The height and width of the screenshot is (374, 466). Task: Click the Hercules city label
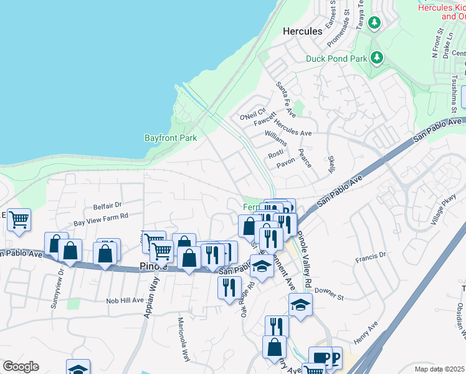click(x=302, y=31)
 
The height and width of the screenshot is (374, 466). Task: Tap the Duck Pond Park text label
click(x=336, y=59)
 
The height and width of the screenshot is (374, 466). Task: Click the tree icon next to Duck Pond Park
click(x=376, y=58)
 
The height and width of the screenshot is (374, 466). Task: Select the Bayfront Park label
click(x=171, y=137)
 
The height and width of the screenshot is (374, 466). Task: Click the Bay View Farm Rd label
click(x=100, y=219)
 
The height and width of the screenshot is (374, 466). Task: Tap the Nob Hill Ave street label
click(x=125, y=300)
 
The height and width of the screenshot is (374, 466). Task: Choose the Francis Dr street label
click(x=371, y=255)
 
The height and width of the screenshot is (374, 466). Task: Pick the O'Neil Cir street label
click(x=253, y=116)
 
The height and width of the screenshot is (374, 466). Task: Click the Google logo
click(x=21, y=367)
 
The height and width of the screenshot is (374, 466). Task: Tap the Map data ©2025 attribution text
click(x=440, y=368)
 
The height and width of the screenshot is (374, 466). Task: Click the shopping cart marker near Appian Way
click(x=162, y=251)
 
